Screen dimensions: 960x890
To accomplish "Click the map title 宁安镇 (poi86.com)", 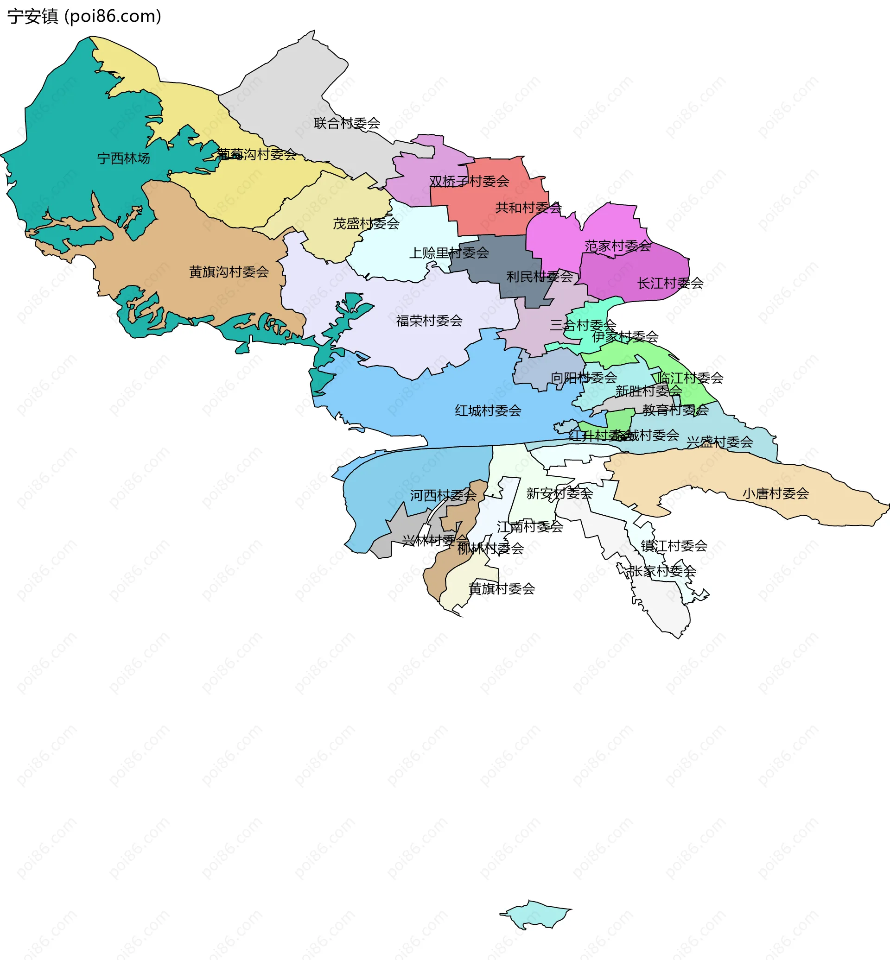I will [x=84, y=16].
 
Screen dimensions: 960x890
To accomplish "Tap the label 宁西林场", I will [x=124, y=158].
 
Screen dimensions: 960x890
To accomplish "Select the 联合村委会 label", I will [x=347, y=123].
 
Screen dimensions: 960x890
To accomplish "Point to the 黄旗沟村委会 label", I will [x=229, y=272].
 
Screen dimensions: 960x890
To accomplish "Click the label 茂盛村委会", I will [x=366, y=223].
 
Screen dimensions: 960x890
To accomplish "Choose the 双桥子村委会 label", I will [x=469, y=182].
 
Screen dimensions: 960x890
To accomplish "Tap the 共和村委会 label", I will [x=528, y=208].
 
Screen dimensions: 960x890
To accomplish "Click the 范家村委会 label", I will [x=617, y=246].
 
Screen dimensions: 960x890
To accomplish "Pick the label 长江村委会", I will [x=670, y=283].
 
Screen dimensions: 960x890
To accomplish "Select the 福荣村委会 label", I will [x=429, y=321].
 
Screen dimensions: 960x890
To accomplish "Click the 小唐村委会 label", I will [x=776, y=493].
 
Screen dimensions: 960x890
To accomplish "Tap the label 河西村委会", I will [x=443, y=495].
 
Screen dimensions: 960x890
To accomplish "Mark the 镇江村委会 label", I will [x=674, y=546].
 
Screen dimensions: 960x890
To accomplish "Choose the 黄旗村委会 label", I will [x=502, y=589].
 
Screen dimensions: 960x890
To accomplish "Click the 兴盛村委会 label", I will [x=719, y=442].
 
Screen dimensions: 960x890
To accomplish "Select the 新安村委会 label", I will [x=559, y=493].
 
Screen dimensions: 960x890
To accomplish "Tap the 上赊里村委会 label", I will [x=449, y=253].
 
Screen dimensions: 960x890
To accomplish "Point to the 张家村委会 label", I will [x=662, y=571].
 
